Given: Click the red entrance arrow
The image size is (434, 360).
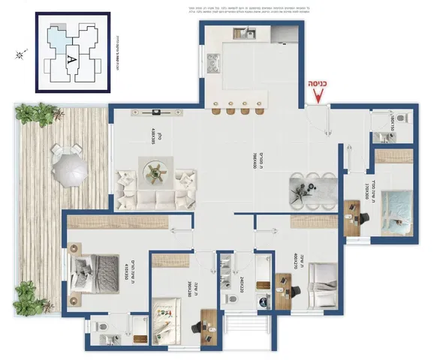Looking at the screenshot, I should point(318,94).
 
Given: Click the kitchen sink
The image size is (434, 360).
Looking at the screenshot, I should point(246,33).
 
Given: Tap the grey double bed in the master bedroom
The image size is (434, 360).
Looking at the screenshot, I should point(94,266).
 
